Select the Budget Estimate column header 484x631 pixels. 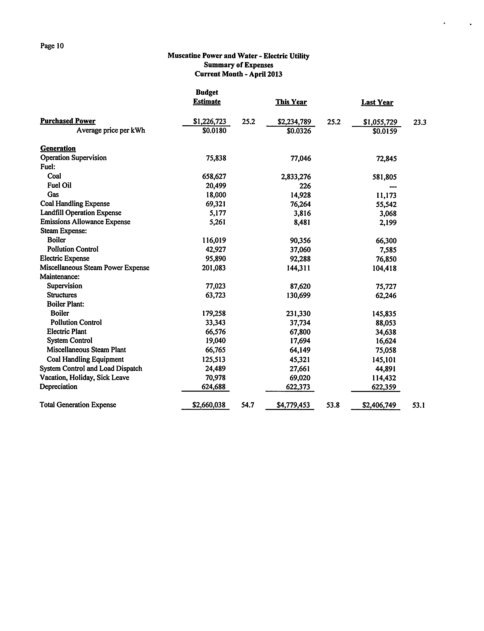pos(207,97)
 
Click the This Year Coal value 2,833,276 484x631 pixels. pos(296,177)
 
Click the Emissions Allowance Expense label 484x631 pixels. pos(85,222)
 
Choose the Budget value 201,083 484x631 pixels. pos(214,268)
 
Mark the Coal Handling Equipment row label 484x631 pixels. pos(85,359)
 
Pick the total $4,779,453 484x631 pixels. pos(293,405)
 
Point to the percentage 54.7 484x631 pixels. pos(247,405)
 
